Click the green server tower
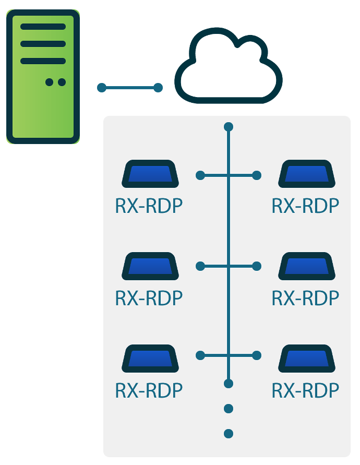[x=43, y=77]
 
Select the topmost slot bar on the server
[x=43, y=27]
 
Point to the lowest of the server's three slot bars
[x=43, y=61]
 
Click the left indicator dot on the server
[x=49, y=82]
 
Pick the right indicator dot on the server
[x=62, y=82]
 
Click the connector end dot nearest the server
[x=102, y=88]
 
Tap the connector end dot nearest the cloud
[x=158, y=88]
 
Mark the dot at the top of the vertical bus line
[x=229, y=127]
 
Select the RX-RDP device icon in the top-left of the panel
[x=150, y=174]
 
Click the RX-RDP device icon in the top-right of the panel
[x=307, y=174]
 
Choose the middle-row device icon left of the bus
[x=150, y=266]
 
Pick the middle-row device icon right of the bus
[x=307, y=266]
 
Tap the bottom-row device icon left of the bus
[x=150, y=358]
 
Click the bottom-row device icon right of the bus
[x=307, y=358]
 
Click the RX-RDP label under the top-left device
[x=149, y=206]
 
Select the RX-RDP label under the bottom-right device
[x=305, y=390]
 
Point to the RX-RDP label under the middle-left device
[x=149, y=298]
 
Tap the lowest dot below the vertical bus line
[x=229, y=434]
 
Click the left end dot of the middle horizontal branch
[x=200, y=266]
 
